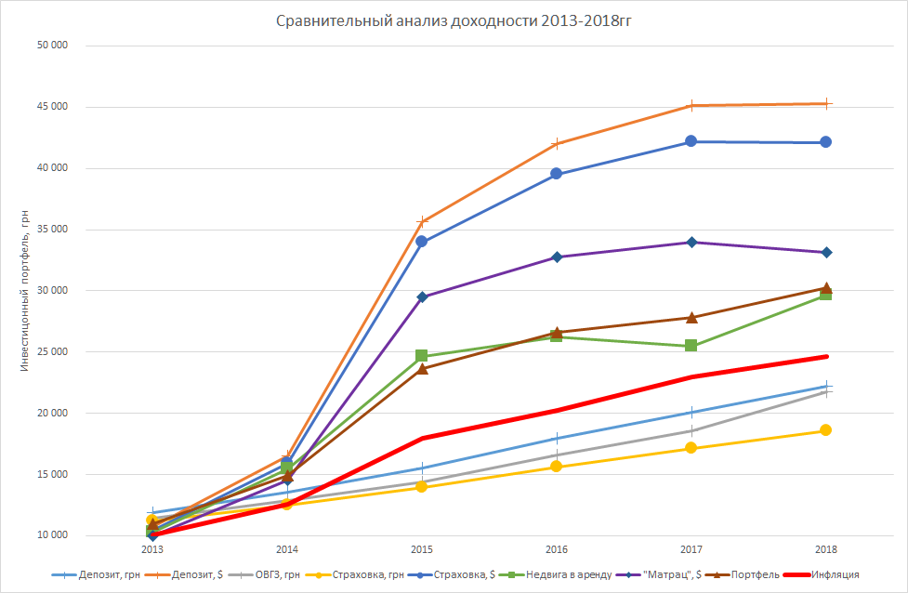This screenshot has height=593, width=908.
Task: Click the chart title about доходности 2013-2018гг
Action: click(x=454, y=21)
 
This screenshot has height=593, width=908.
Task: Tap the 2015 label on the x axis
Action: click(x=422, y=549)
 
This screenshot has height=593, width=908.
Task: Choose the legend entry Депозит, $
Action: click(x=200, y=575)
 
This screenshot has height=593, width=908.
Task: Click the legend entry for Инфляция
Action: click(x=834, y=575)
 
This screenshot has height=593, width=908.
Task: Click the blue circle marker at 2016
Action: click(x=557, y=174)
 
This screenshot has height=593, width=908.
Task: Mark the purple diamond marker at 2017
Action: click(x=691, y=243)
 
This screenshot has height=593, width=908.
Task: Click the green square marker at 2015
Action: click(x=422, y=356)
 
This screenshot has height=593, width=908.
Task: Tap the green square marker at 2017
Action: click(x=691, y=346)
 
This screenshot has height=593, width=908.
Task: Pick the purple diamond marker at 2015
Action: click(x=422, y=297)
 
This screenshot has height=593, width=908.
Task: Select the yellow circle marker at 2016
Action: click(x=557, y=467)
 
